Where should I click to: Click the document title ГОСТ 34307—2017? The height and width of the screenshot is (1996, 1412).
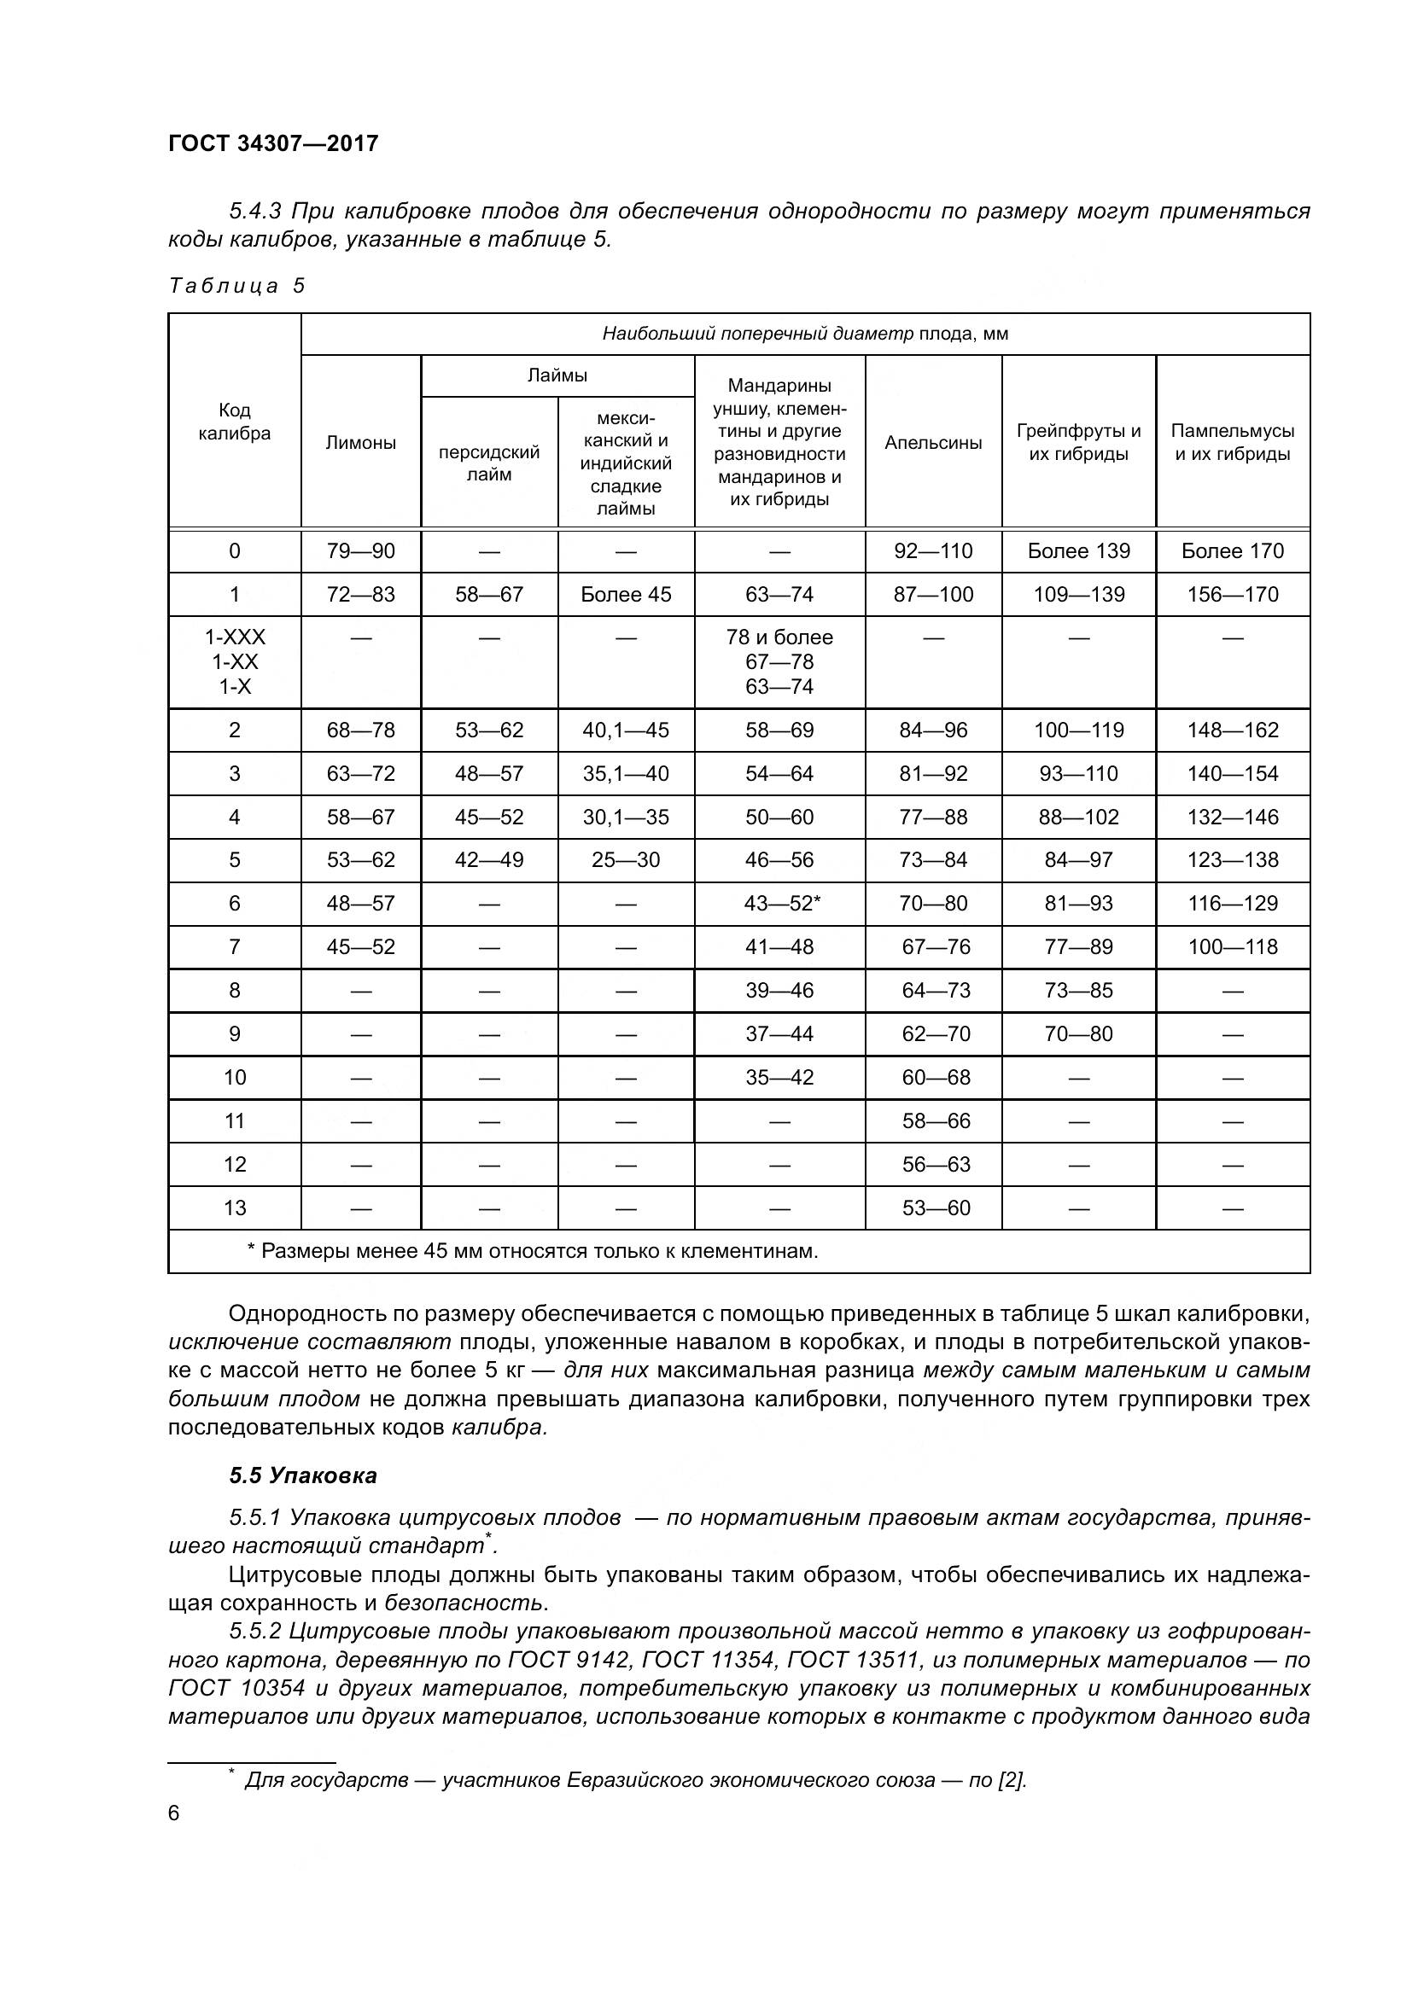[273, 143]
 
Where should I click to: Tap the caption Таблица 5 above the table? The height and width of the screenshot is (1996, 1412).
[236, 286]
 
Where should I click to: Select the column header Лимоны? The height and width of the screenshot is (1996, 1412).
[361, 443]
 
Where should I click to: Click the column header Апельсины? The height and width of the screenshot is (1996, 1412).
[933, 443]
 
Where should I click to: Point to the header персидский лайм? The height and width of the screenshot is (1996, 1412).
[488, 463]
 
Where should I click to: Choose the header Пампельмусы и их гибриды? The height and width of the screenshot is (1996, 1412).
[1232, 443]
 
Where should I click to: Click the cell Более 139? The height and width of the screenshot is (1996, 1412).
[1078, 551]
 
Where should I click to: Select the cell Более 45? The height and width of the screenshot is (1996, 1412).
[626, 595]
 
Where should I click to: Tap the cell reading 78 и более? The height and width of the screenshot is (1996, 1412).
[779, 637]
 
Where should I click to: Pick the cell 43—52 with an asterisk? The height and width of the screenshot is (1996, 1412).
[782, 903]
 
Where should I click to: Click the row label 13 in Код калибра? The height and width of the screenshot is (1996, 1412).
[235, 1207]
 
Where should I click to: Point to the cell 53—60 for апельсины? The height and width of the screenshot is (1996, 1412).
[936, 1207]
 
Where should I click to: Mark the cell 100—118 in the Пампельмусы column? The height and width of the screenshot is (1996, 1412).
[1232, 946]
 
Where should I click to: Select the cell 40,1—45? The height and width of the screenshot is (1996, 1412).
[626, 730]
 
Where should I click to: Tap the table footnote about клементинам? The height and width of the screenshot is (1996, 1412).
[533, 1251]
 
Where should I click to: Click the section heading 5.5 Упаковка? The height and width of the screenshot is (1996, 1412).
[302, 1475]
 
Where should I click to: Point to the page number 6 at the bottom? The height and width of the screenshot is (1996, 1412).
[174, 1813]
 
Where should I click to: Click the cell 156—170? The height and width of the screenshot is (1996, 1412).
[1232, 595]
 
